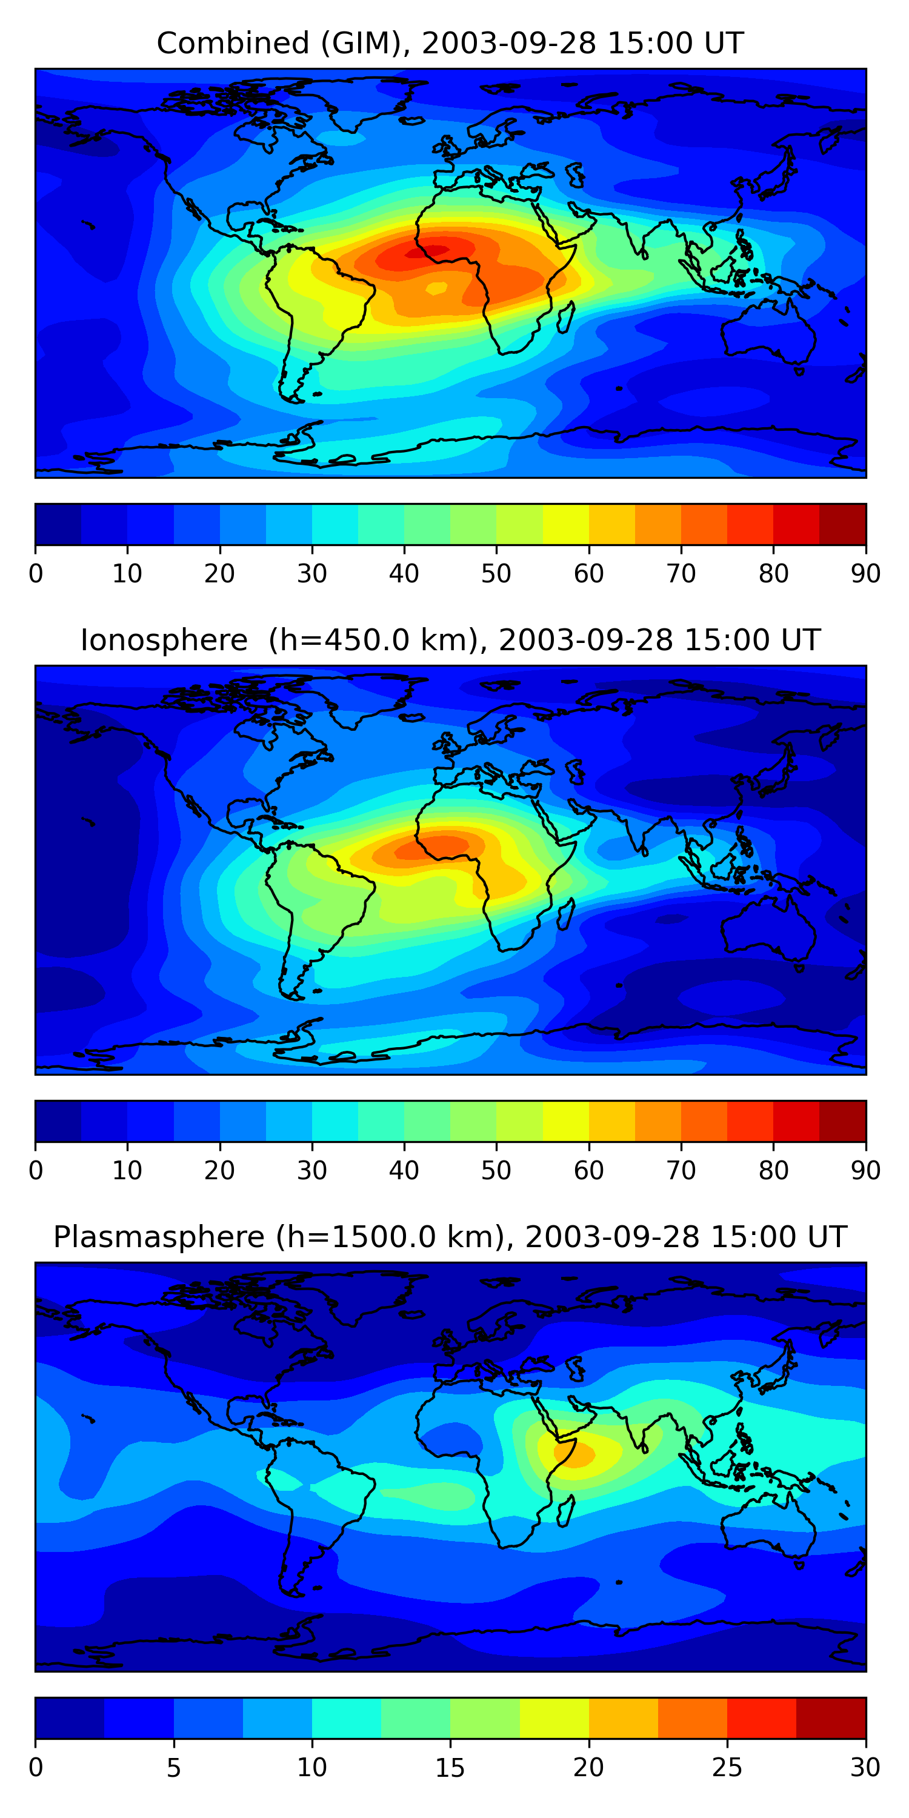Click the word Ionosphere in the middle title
tap(164, 640)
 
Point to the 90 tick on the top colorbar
tap(865, 573)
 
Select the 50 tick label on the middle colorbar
tap(496, 1170)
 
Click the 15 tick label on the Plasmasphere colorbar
tap(450, 1767)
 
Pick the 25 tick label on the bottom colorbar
tap(727, 1767)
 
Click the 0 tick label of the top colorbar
tap(35, 573)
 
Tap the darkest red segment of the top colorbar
tap(843, 524)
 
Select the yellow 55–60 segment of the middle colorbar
tap(566, 1120)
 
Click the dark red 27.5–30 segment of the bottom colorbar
tap(831, 1718)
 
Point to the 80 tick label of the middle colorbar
tap(773, 1170)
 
